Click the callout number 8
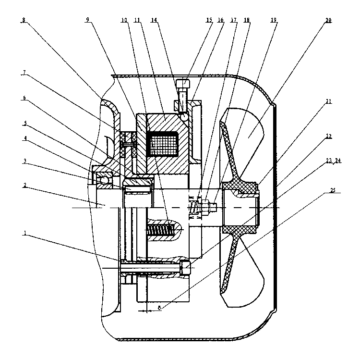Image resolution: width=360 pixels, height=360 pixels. [x=23, y=21]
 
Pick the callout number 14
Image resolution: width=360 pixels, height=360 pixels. [x=154, y=21]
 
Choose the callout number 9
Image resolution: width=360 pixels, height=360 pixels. [x=87, y=21]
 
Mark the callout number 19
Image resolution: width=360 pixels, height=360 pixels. [x=273, y=21]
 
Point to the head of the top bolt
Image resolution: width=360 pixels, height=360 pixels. [x=182, y=85]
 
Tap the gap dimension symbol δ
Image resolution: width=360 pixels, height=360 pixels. [x=159, y=308]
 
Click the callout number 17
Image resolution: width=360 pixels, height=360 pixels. [x=234, y=21]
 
